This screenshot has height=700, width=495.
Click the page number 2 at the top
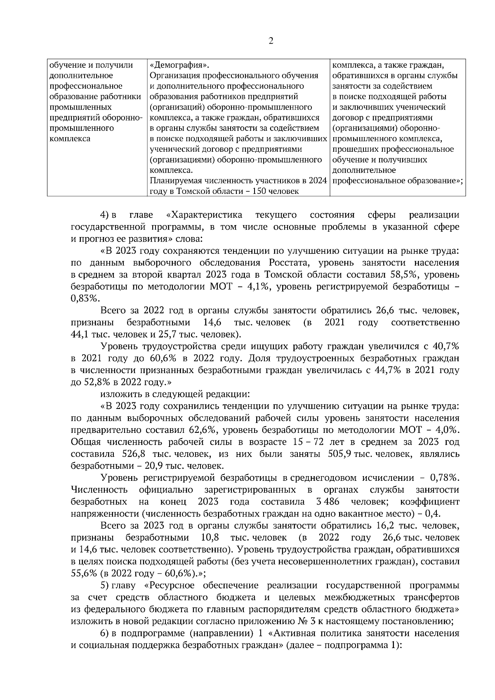point(271,41)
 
